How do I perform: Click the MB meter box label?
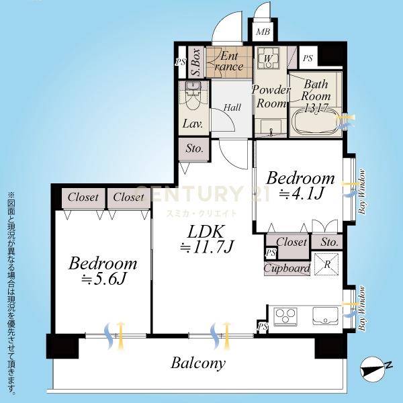click(x=263, y=32)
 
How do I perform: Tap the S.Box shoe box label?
click(x=197, y=62)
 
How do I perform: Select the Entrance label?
click(x=229, y=61)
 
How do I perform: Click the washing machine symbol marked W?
click(x=268, y=58)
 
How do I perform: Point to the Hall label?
click(x=232, y=107)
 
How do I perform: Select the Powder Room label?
click(x=271, y=97)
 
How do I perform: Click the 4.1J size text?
click(x=301, y=193)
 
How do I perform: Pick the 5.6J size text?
click(x=103, y=279)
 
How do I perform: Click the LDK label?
click(x=206, y=232)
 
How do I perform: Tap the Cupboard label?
click(x=287, y=268)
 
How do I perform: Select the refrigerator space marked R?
click(x=326, y=264)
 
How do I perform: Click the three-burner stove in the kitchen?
click(x=285, y=316)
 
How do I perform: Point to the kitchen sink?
click(x=325, y=316)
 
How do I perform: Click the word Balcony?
click(x=198, y=363)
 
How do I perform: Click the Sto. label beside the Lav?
click(x=194, y=148)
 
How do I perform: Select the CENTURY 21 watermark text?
click(x=202, y=193)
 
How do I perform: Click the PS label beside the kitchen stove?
click(x=263, y=327)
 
